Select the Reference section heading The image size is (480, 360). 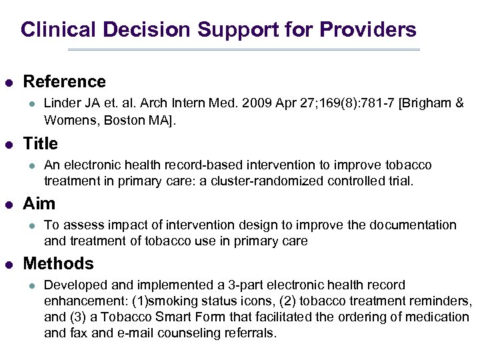64,82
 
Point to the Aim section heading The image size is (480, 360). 39,203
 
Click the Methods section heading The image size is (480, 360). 58,263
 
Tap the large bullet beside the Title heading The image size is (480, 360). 9,144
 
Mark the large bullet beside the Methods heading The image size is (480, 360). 9,264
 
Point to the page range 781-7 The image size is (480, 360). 357,104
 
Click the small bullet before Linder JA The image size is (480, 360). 30,105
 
